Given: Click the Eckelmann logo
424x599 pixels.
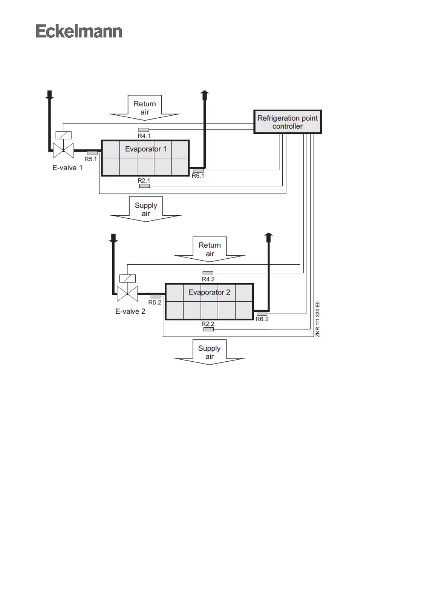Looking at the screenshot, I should point(79,31).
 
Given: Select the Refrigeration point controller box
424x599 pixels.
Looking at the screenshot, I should point(287,122).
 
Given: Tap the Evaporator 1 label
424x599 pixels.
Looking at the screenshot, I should point(146,149).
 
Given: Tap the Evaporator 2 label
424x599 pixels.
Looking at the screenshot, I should point(209,292).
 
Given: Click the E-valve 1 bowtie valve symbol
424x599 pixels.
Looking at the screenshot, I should point(63,150).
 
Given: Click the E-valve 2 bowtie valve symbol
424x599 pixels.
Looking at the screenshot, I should point(127,294).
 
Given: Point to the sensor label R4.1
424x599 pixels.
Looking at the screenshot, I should point(144,136).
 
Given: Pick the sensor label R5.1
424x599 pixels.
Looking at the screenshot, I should point(90,159).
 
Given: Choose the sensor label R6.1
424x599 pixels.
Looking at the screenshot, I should point(198,176).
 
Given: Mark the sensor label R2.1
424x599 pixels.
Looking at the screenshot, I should point(144,181).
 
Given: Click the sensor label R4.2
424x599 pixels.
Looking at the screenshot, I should point(208,279).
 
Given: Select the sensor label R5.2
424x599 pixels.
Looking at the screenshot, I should point(155,303).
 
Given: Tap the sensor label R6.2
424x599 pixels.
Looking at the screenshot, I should point(262,319).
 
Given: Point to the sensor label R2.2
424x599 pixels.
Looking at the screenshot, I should point(208,324).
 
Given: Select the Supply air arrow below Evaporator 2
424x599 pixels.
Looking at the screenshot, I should point(209,352).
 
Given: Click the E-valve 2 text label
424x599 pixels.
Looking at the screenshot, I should point(130,312).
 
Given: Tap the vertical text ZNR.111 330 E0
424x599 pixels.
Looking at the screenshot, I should point(318,319).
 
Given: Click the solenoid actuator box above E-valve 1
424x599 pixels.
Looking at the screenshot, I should point(63,135).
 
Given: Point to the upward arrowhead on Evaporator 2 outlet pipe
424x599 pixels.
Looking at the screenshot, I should point(269,236).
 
